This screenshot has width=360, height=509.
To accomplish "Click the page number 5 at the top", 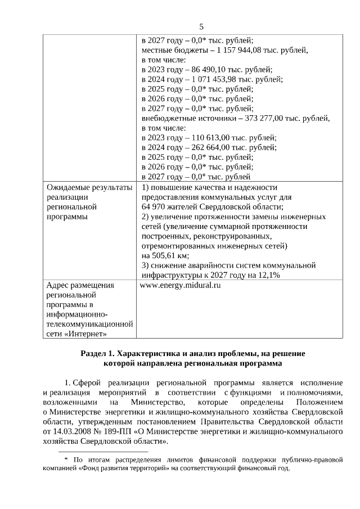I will tap(201, 27).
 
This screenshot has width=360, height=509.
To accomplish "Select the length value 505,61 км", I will tap(165, 255).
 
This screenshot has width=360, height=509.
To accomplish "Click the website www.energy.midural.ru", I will tap(179, 285).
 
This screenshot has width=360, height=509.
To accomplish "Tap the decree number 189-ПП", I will tap(123, 431).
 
